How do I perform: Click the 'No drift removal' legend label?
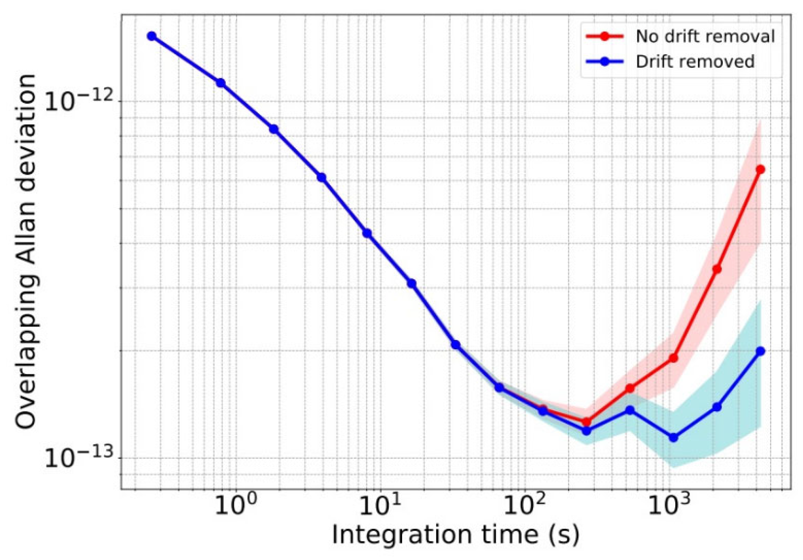[705, 36]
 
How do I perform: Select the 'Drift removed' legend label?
[695, 62]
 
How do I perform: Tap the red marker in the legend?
[604, 36]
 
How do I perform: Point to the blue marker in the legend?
[604, 62]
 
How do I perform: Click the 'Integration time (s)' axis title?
[456, 534]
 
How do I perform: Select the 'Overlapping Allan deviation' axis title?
[26, 251]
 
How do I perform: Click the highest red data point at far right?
[760, 169]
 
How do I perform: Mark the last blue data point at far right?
[760, 351]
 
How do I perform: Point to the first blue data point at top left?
[152, 36]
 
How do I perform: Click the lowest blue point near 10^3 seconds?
[673, 438]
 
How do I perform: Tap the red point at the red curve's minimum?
[586, 422]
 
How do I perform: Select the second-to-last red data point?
[717, 269]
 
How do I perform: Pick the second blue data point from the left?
[221, 83]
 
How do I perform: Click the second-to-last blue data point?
[717, 407]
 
